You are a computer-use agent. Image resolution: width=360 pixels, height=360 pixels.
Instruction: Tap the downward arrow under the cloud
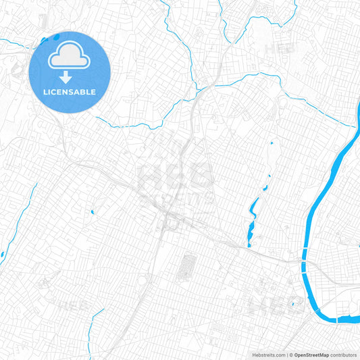click(70, 77)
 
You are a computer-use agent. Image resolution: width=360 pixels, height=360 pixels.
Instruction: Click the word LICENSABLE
click(70, 92)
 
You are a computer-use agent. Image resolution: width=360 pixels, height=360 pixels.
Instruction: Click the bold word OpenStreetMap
click(311, 354)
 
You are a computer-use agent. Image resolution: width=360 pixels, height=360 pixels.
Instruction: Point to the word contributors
click(342, 354)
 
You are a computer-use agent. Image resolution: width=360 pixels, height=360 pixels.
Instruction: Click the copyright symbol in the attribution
click(290, 354)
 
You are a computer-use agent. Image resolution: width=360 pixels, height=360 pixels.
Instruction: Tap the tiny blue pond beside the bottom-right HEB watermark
click(294, 304)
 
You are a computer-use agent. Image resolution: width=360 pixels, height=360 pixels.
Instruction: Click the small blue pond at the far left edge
click(2, 255)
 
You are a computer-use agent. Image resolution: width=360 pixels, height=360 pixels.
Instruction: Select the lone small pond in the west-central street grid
click(92, 213)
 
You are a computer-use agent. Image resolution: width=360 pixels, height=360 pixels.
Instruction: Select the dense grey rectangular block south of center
click(184, 268)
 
